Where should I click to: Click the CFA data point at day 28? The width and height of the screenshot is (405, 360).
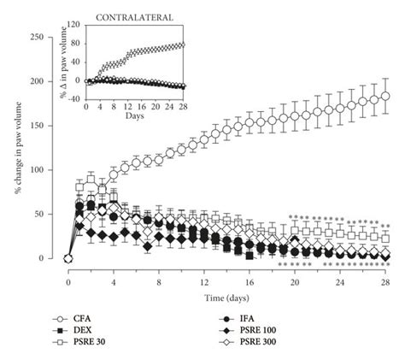[385, 96]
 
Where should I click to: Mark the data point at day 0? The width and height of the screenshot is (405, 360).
[68, 258]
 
